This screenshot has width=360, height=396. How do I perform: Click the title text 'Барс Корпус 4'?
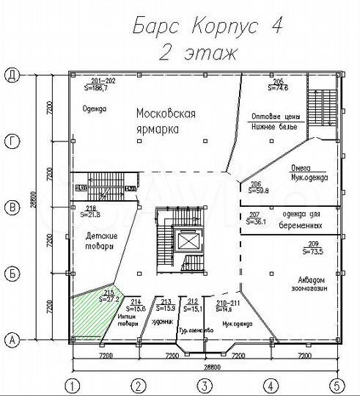click(x=207, y=26)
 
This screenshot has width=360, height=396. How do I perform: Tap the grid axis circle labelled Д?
click(x=11, y=73)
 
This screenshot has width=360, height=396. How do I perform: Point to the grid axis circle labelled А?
click(x=11, y=339)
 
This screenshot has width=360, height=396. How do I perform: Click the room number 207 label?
click(x=255, y=215)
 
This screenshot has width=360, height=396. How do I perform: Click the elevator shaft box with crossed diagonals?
click(x=188, y=241)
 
